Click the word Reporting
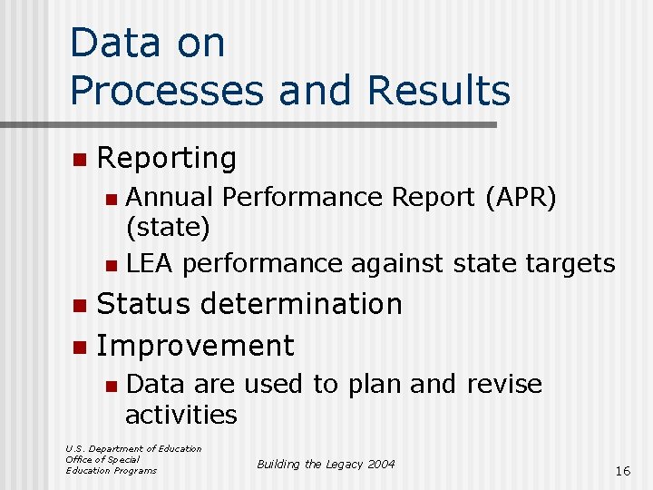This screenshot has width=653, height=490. (166, 159)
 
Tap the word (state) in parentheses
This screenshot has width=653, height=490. (168, 227)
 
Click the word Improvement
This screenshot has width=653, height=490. (195, 346)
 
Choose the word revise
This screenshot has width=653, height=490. (504, 384)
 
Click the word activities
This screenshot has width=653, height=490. (181, 415)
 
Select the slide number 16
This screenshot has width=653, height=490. (622, 471)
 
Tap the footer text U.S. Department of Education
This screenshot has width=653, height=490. (133, 448)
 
